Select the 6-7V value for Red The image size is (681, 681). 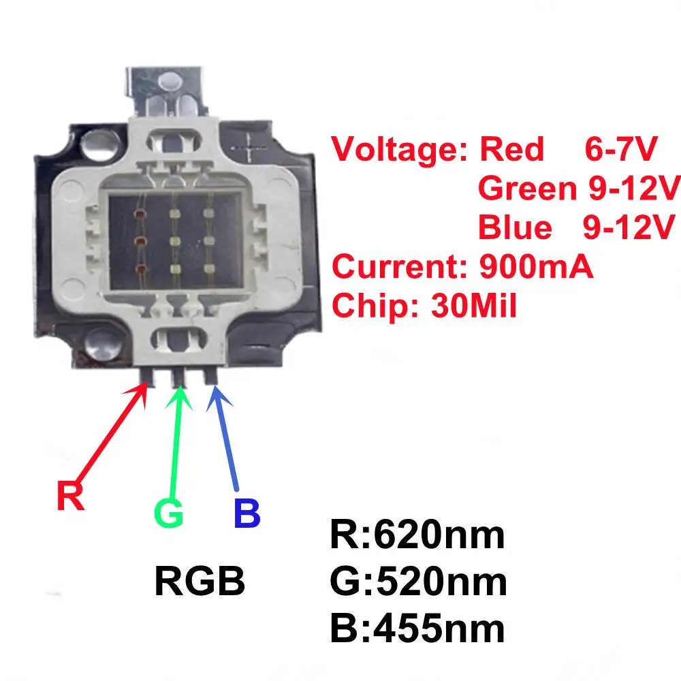[x=620, y=150]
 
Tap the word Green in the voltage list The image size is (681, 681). [x=527, y=189]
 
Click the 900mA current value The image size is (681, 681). [x=536, y=267]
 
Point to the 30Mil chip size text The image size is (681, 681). [x=474, y=306]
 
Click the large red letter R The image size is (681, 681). [x=70, y=496]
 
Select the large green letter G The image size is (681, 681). [x=169, y=514]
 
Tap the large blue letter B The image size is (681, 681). [x=247, y=514]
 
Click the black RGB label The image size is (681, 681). [x=200, y=582]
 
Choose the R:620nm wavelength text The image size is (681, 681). [x=417, y=535]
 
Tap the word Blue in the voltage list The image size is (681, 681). [x=515, y=227]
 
